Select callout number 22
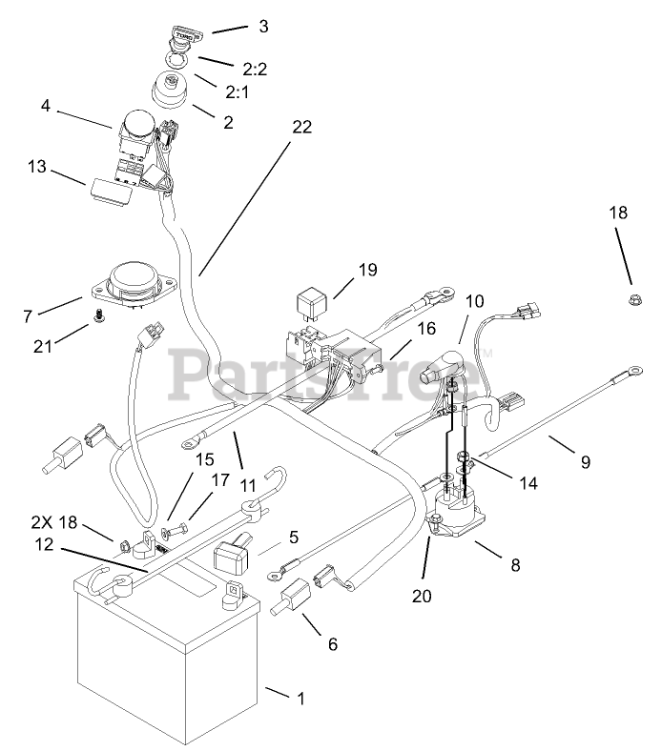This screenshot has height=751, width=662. pyautogui.click(x=302, y=128)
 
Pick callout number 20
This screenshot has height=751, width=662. pyautogui.click(x=422, y=596)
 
